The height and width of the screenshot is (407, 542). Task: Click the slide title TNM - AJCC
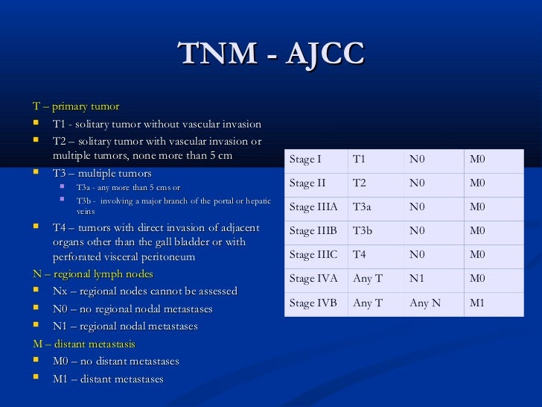271,54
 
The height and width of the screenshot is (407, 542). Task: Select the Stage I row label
305,160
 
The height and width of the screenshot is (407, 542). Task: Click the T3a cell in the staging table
362,207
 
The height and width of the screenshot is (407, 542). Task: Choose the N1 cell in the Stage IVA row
417,279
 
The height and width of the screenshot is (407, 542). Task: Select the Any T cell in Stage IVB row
368,303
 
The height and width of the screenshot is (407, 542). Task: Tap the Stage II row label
307,183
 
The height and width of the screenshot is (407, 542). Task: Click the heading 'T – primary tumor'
76,107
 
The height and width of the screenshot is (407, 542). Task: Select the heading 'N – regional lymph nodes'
93,274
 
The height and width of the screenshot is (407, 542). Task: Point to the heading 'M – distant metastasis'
84,344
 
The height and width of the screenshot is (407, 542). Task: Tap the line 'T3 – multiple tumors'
102,173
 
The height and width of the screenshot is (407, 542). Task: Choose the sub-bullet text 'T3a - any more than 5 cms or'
128,188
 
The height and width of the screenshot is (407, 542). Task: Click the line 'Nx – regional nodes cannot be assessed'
145,291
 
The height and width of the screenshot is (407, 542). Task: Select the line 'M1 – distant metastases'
108,379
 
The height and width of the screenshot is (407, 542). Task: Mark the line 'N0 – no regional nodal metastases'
133,309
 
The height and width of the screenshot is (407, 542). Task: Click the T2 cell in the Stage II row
359,183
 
